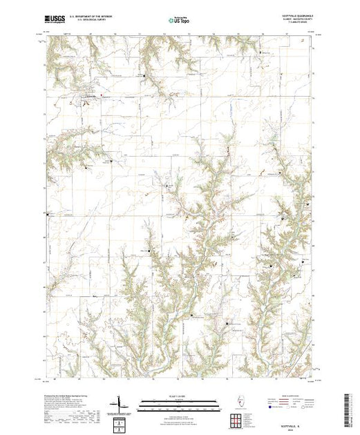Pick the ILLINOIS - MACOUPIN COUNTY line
pyautogui.click(x=296, y=20)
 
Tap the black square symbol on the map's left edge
pyautogui.click(x=48, y=214)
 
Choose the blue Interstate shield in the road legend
pyautogui.click(x=270, y=407)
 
